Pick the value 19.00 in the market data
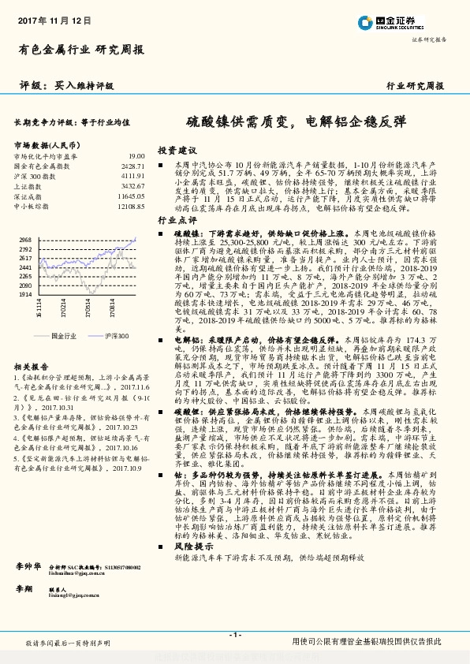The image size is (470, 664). pos(136,157)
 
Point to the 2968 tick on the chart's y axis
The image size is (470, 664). pos(26,240)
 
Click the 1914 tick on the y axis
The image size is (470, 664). pos(26,293)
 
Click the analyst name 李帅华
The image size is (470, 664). pos(29,567)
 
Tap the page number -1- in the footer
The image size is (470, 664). pos(234,633)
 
